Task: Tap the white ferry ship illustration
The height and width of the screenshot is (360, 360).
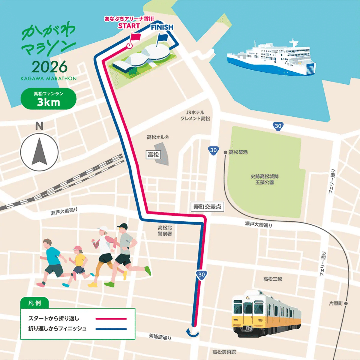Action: (271, 58)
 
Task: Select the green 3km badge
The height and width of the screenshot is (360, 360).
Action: (48, 99)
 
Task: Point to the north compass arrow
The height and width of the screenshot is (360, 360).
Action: (39, 152)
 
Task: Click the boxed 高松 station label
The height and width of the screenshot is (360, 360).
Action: (153, 155)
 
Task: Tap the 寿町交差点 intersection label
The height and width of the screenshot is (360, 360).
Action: (207, 207)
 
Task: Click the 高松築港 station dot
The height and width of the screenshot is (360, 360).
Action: (225, 152)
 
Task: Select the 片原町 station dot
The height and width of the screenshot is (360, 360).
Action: (346, 304)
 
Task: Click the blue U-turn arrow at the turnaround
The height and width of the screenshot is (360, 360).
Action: (192, 332)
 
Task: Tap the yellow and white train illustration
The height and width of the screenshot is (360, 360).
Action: (266, 313)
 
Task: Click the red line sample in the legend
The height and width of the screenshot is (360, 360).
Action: (111, 319)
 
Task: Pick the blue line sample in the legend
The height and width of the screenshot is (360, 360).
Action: (111, 329)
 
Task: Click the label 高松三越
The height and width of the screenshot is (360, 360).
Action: (272, 279)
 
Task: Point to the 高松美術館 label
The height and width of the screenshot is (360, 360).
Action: (224, 352)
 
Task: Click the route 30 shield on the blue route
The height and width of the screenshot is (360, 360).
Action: (202, 274)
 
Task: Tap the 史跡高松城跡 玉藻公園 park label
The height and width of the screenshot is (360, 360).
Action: (264, 179)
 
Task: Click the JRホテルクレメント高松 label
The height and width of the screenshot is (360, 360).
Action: (195, 115)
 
